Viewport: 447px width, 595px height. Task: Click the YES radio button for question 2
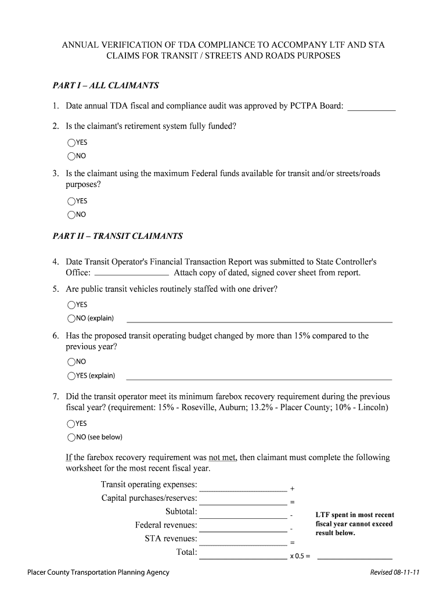71,142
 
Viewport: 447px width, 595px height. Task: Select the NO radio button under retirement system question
71,156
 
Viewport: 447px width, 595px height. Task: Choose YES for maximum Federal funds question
71,201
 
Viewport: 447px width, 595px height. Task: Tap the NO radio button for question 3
71,214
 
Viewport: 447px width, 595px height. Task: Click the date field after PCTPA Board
371,106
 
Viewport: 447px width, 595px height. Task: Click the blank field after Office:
131,273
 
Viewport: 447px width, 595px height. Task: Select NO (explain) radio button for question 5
71,318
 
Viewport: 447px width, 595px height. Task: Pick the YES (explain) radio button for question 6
71,375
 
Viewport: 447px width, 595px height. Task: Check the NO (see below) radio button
71,437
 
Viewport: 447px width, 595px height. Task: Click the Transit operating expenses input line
243,487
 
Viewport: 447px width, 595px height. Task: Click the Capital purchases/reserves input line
243,500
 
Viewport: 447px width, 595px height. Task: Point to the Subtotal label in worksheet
181,511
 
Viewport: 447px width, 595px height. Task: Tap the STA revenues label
171,539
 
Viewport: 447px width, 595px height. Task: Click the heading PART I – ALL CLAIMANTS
106,85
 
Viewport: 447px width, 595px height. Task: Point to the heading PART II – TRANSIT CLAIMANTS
117,236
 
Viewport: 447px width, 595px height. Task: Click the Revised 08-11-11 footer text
395,572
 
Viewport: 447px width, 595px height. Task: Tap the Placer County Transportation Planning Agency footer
99,572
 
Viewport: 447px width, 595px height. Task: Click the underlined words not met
222,457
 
